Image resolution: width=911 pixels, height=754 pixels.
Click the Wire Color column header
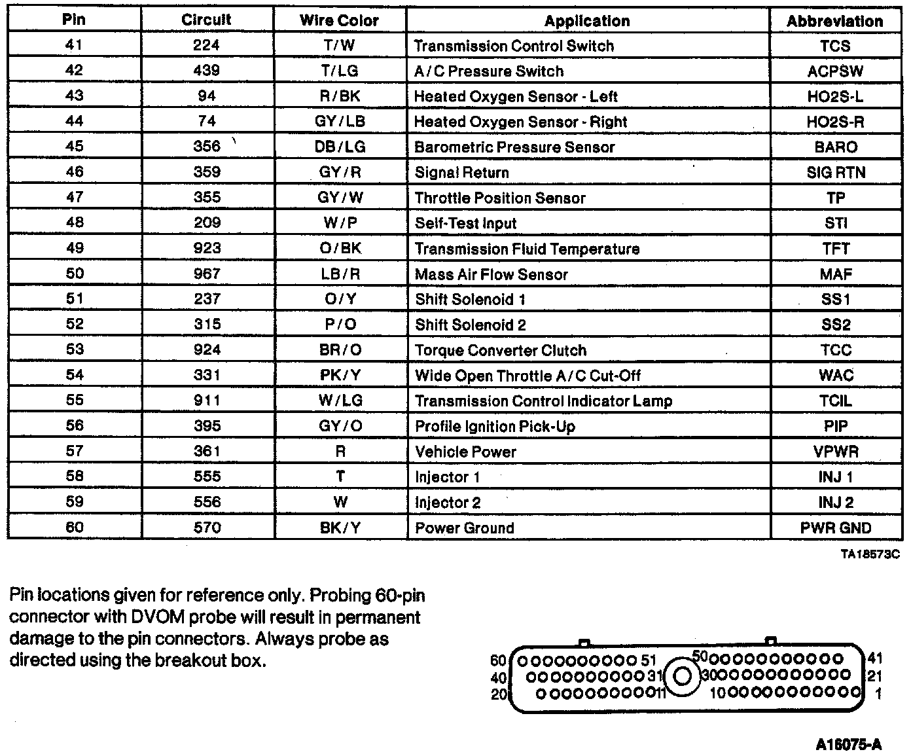pos(339,20)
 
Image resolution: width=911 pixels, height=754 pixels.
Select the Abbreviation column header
pos(834,21)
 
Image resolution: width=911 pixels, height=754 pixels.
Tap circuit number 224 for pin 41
pos(207,45)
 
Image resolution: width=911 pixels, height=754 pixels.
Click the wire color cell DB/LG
pos(340,147)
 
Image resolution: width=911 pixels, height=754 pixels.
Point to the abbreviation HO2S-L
pos(835,96)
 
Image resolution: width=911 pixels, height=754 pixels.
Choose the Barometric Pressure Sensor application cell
pos(514,147)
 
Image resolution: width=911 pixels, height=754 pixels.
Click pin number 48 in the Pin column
pos(75,223)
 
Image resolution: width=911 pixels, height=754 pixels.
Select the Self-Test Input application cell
pos(465,223)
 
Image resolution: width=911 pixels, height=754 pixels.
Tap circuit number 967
pos(207,274)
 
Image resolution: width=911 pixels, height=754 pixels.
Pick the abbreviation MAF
pos(836,274)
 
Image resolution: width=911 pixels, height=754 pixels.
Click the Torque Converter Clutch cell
pos(501,350)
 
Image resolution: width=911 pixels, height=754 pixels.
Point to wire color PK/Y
pos(340,375)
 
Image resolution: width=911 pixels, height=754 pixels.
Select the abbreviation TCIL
pos(836,401)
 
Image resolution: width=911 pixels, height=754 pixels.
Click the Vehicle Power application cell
pos(465,452)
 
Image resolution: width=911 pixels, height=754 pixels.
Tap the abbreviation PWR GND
pos(836,528)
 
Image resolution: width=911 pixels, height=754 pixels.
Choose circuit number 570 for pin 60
pos(207,528)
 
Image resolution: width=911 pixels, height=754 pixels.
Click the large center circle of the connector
pos(682,675)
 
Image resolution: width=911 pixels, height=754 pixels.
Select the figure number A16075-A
pos(849,744)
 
